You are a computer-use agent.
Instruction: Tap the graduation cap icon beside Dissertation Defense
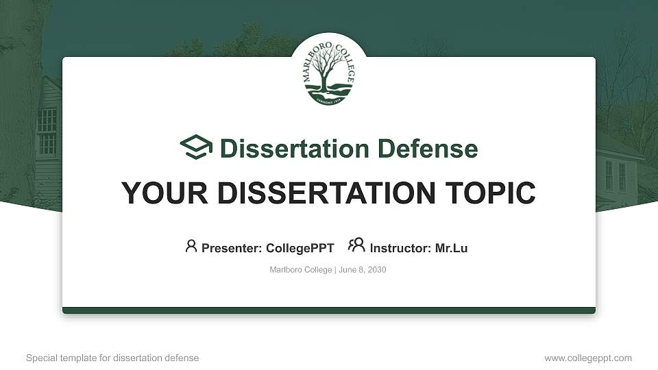click(196, 148)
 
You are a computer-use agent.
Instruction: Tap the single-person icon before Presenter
click(191, 246)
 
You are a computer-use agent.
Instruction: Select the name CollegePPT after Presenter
click(300, 248)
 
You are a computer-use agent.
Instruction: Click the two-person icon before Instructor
click(356, 245)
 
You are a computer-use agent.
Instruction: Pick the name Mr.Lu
click(451, 248)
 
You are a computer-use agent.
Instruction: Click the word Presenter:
click(231, 248)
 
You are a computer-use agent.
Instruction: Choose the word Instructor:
click(400, 248)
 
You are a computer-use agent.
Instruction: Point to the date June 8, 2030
click(363, 270)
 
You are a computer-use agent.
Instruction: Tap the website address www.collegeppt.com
click(587, 358)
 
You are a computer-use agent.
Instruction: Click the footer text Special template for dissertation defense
click(112, 358)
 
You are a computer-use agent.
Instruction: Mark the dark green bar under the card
click(329, 310)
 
